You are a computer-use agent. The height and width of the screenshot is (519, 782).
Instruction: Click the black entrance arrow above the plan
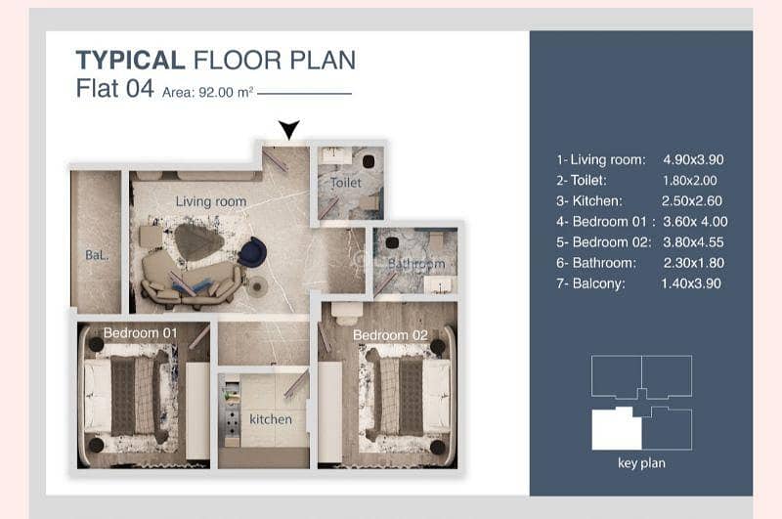288,129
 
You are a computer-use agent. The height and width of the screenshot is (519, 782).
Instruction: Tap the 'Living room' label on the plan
211,201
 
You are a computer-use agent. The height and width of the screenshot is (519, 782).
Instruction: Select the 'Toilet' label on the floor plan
346,183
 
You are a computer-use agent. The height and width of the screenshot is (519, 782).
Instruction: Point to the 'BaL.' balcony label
97,255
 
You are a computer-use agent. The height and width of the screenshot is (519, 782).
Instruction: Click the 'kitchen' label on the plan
271,419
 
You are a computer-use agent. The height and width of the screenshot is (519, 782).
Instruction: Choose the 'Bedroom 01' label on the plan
140,332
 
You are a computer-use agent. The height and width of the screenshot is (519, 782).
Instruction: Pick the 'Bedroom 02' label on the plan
390,335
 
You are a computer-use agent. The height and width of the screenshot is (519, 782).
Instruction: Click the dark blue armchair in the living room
252,252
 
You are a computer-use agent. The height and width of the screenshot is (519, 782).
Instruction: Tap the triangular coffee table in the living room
198,242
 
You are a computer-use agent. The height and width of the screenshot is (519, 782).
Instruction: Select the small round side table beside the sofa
257,286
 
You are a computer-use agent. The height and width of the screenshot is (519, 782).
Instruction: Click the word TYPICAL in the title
131,60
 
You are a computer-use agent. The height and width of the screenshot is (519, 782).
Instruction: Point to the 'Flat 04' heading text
114,89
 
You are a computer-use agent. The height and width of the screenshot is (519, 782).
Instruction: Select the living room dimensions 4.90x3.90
693,159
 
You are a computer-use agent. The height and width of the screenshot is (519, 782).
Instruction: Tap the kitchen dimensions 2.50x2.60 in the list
692,201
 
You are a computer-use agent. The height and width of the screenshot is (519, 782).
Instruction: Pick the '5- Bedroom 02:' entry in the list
604,242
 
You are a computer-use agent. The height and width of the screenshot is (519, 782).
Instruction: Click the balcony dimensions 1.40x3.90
691,283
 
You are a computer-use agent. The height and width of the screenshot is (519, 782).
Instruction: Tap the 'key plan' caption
641,463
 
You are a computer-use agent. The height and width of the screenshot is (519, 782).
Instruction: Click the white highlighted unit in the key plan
617,429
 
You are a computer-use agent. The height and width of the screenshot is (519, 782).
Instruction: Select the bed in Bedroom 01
126,395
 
